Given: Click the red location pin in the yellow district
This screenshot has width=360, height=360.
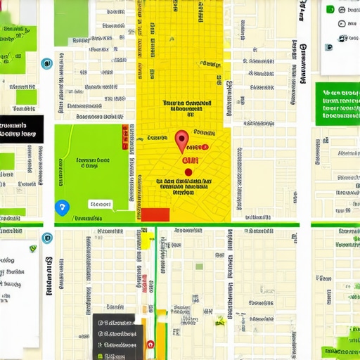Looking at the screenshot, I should [x=181, y=140].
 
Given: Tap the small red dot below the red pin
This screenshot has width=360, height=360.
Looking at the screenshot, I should [x=188, y=171].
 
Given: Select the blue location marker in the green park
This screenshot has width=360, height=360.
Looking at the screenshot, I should [x=62, y=207].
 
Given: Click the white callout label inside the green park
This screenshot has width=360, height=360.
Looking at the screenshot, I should [x=100, y=205].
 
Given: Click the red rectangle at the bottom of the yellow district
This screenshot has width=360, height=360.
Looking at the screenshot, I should [x=155, y=214].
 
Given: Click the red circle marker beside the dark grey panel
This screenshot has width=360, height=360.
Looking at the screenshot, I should [x=150, y=345].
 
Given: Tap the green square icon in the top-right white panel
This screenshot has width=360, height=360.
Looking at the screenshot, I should [x=330, y=9].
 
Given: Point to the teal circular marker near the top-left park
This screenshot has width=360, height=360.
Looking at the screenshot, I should [x=46, y=63].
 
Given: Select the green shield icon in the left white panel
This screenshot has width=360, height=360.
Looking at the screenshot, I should [x=33, y=248].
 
